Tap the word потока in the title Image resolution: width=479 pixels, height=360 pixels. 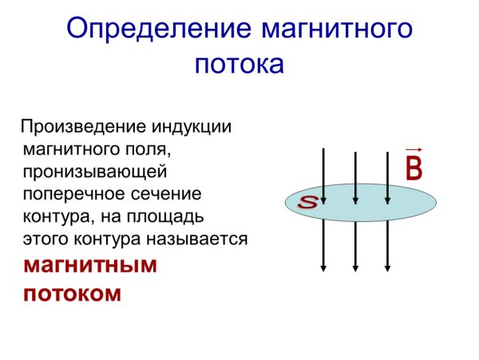239,64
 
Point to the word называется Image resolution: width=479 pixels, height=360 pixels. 200,239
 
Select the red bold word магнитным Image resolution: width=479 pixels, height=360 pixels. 89,265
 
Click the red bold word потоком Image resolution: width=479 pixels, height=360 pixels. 73,293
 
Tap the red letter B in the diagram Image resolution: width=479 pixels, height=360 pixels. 414,168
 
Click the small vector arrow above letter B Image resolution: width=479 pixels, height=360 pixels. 414,149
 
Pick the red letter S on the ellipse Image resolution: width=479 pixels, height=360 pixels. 307,203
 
